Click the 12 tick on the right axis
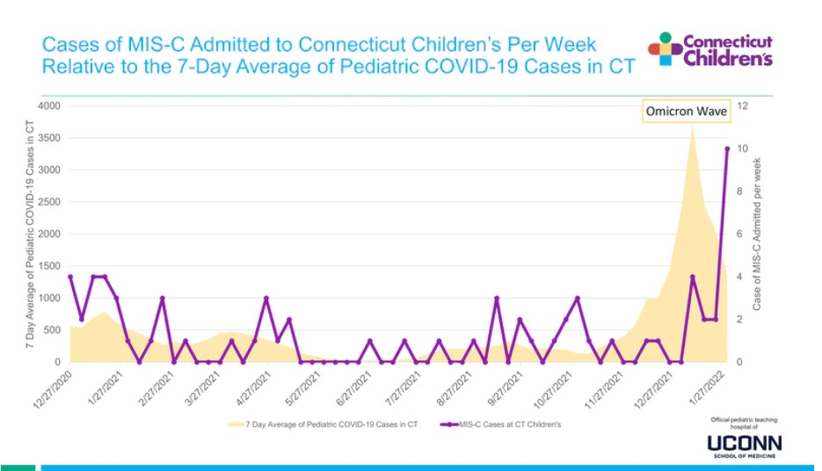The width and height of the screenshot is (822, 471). coord(742,106)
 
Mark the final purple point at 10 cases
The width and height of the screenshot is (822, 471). coord(727,149)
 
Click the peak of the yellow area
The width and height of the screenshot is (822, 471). coord(693,125)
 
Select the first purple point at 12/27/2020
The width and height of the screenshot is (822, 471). coord(69,277)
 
